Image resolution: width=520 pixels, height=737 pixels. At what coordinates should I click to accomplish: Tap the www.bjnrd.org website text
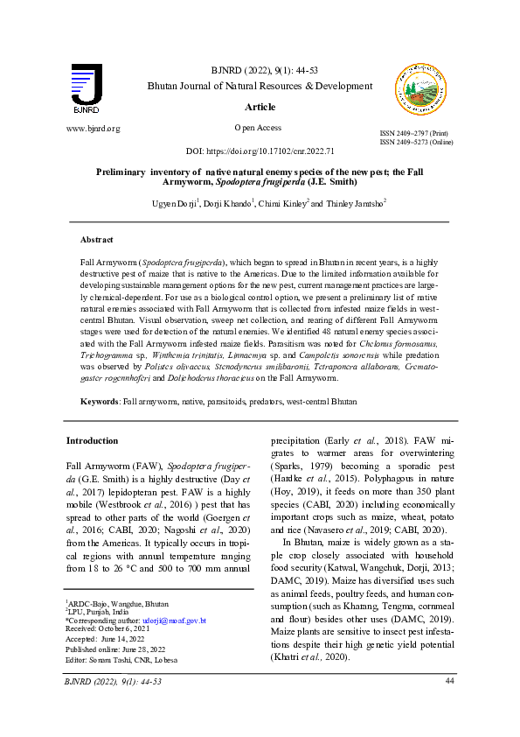point(94,129)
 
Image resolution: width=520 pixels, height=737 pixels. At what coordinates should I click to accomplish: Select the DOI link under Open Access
point(260,151)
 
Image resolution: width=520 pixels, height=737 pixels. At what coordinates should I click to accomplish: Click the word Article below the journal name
point(260,107)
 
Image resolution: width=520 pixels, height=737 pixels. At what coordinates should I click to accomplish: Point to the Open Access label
point(258,128)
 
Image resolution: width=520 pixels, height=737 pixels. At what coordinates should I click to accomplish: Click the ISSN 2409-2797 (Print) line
point(416,133)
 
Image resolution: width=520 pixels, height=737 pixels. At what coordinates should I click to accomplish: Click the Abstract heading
point(96,239)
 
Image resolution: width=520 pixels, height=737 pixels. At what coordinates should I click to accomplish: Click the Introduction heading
point(92,440)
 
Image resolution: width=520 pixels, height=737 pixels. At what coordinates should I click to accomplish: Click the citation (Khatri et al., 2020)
point(310,656)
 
